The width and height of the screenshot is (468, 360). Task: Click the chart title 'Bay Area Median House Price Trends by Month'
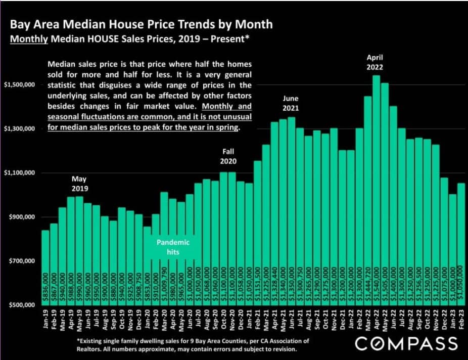tap(142, 24)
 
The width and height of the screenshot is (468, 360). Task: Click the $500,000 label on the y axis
tap(19, 305)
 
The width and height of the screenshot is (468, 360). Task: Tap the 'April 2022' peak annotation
tap(375, 63)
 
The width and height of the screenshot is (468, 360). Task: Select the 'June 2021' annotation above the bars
tap(291, 104)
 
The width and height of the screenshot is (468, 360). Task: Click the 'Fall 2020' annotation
tap(228, 156)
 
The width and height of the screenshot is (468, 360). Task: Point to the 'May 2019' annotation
tap(79, 184)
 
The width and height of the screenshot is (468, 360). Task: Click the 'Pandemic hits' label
tap(173, 247)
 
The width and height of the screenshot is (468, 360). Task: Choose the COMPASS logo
tap(406, 344)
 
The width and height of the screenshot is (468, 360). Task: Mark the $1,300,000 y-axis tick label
tap(19, 129)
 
